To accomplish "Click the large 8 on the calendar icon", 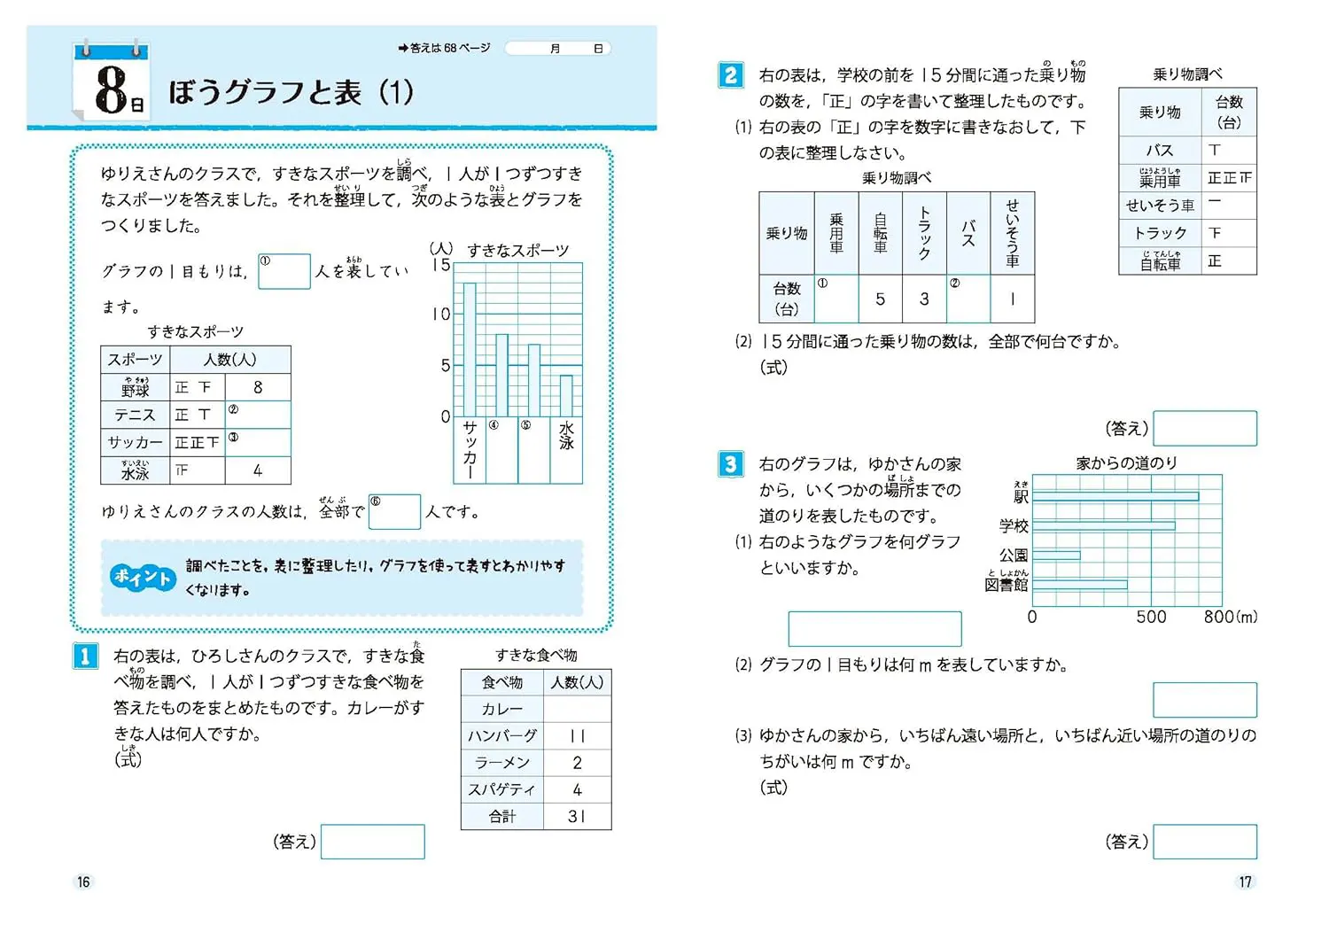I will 111,89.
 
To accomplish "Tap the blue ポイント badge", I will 143,578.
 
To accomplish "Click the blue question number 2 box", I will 730,75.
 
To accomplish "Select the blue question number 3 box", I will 730,464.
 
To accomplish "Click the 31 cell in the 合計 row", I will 577,816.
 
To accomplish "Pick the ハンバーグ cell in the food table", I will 502,735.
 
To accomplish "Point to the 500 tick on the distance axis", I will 1151,617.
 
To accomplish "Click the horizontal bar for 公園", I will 1056,555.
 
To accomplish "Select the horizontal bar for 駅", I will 1115,497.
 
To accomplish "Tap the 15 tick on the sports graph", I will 441,265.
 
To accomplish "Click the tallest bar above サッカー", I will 470,349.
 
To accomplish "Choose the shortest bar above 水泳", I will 566,395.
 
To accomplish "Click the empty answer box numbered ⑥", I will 394,512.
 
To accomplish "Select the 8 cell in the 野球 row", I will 258,387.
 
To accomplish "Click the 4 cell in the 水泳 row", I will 258,470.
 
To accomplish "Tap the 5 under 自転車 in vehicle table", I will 880,299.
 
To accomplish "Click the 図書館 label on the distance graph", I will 1006,585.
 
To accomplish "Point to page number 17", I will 1245,882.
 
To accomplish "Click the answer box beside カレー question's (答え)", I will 373,842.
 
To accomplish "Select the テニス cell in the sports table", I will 135,415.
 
